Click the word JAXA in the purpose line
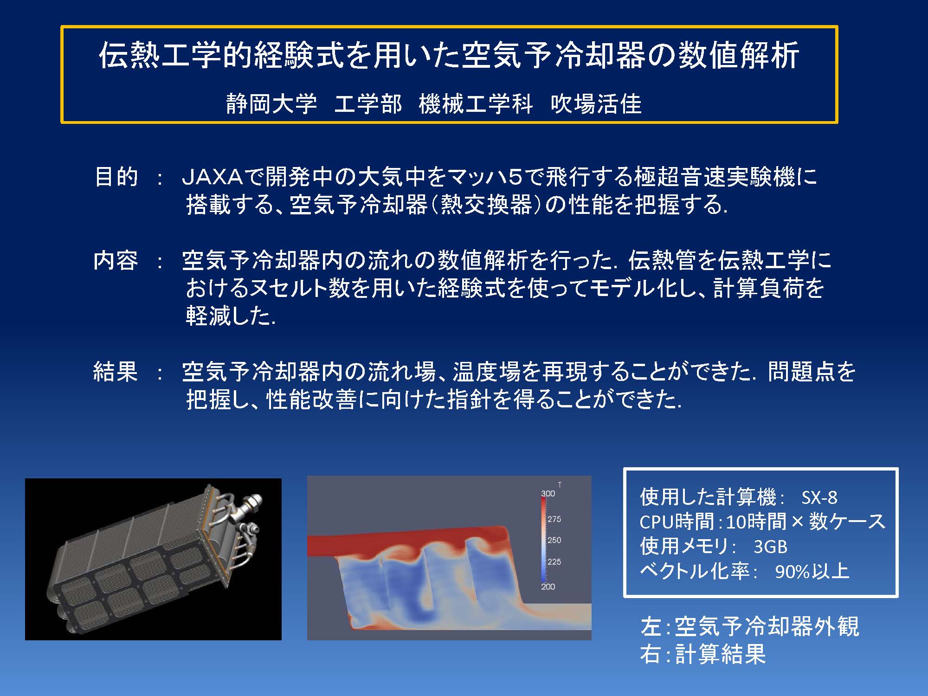click(212, 177)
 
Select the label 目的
click(116, 177)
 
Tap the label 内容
click(116, 260)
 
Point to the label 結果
click(116, 371)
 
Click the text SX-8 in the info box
click(819, 498)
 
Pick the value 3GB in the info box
click(771, 547)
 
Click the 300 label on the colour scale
click(548, 493)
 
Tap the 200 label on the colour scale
click(548, 586)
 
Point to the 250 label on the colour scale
click(554, 540)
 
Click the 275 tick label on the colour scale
click(554, 519)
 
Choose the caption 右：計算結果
click(702, 654)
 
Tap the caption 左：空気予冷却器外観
click(749, 626)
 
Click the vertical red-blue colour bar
click(543, 540)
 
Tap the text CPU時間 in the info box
click(677, 522)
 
